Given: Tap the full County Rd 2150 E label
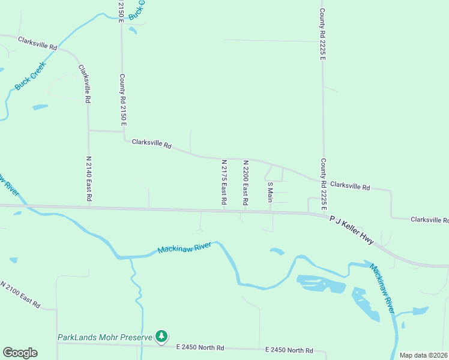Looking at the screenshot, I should [x=122, y=100].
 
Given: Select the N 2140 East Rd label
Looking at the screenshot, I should [x=89, y=179].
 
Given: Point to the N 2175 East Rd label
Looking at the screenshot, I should [x=224, y=183].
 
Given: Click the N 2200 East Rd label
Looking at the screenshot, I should [x=246, y=183].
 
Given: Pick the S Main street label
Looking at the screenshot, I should [x=270, y=192].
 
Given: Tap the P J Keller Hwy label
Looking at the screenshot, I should [x=352, y=231].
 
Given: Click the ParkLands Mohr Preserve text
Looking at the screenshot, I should [x=105, y=338].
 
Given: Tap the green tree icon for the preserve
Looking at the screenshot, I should [x=161, y=337].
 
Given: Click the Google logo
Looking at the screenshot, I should [x=20, y=353].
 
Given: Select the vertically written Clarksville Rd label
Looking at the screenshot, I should [x=85, y=84].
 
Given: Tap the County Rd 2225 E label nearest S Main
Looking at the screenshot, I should [x=323, y=185].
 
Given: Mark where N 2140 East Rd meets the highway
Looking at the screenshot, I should [x=89, y=206].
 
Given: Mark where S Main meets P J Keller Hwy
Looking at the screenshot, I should [x=270, y=212].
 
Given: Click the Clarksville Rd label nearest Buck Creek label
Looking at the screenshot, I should [x=37, y=43].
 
